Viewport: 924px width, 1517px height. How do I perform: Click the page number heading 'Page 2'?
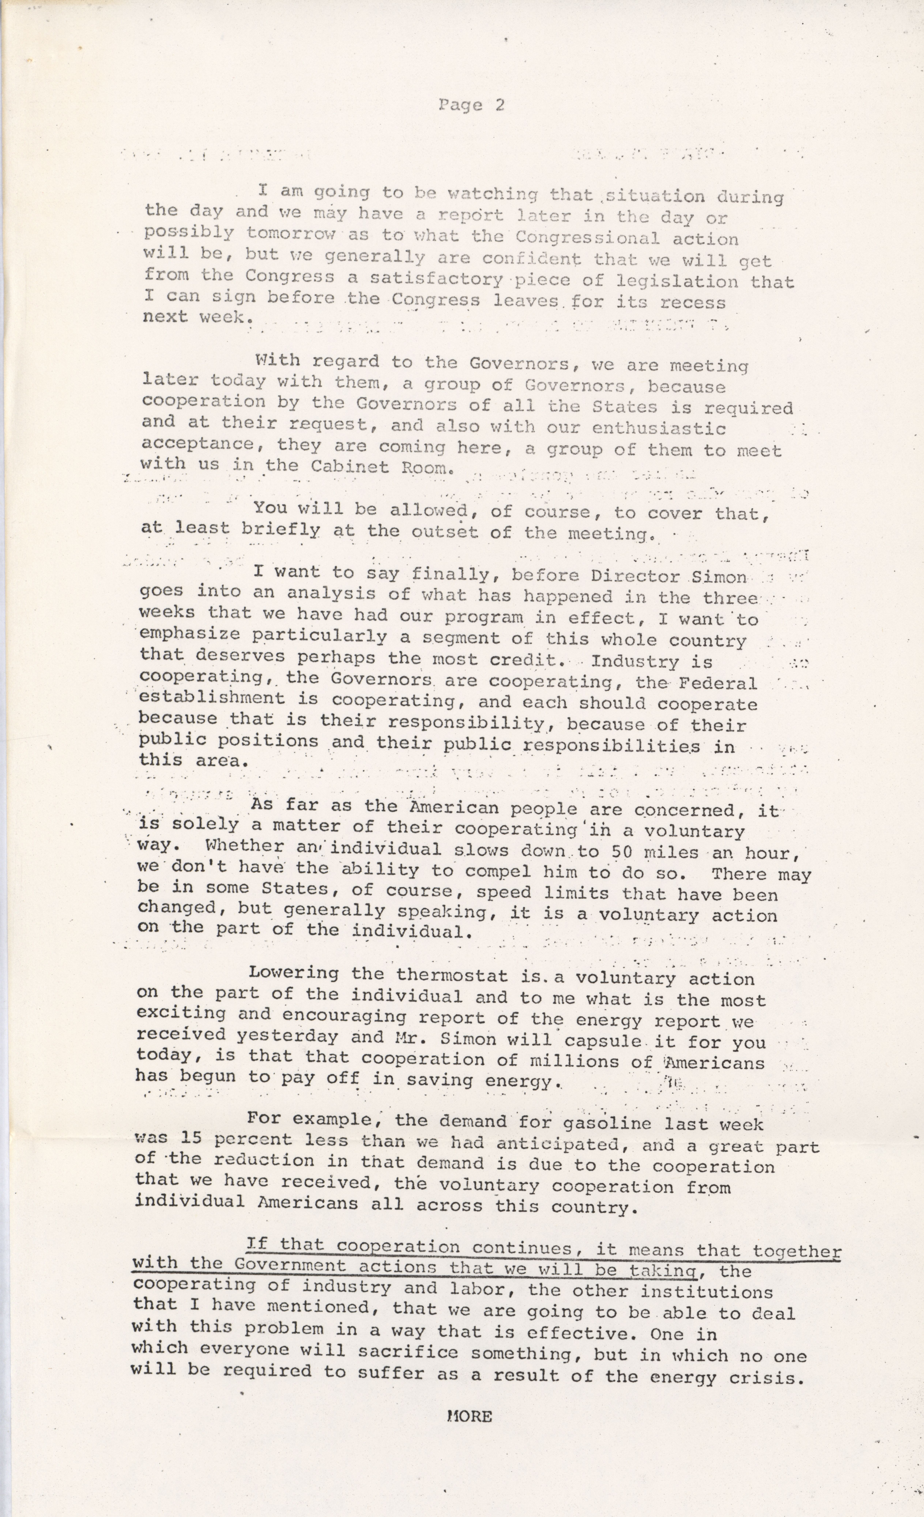pos(472,105)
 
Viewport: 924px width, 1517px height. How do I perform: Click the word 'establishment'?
pos(212,699)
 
